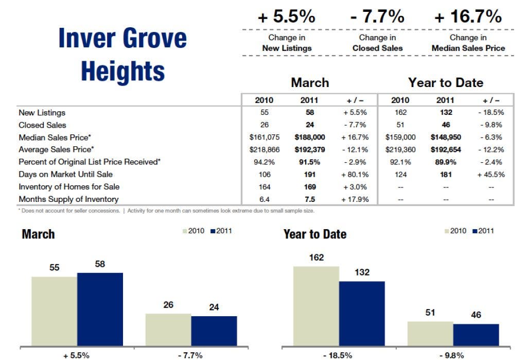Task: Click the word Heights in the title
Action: [x=123, y=71]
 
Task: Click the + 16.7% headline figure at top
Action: [x=468, y=16]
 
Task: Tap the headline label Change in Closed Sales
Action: [x=377, y=43]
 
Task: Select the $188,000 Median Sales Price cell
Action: [x=309, y=137]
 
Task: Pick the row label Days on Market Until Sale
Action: [x=65, y=174]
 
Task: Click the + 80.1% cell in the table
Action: [x=355, y=174]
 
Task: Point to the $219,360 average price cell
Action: [x=400, y=149]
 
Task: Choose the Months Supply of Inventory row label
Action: [x=68, y=199]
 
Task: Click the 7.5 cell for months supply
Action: [x=309, y=199]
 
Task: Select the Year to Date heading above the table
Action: [x=446, y=82]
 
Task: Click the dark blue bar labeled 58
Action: [x=100, y=308]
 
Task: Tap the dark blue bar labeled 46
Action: [x=476, y=334]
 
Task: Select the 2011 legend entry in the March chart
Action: [x=221, y=231]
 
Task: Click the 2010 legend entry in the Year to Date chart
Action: [x=455, y=231]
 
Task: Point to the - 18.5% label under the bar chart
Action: [x=338, y=355]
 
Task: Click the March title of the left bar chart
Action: [x=38, y=234]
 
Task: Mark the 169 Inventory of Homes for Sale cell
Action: [x=309, y=186]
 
